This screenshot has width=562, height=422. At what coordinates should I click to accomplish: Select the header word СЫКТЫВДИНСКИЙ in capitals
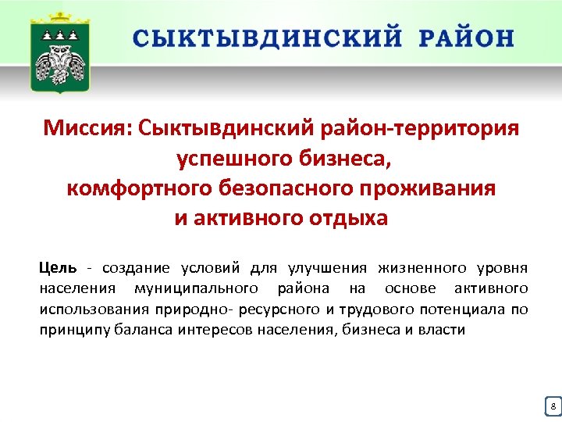(268, 38)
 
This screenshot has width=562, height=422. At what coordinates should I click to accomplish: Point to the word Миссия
(86, 127)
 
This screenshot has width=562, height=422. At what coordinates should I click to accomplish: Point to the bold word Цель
(58, 269)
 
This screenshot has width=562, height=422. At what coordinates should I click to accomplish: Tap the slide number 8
(553, 406)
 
